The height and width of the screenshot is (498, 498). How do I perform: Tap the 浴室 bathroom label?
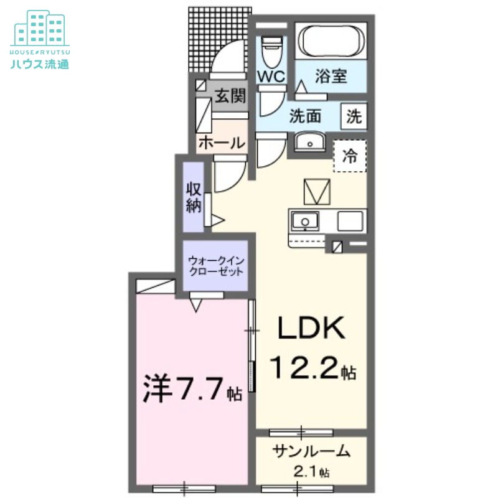point(331,77)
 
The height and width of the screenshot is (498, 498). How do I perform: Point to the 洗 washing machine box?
point(353,116)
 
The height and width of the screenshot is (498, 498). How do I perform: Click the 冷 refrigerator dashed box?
point(350,156)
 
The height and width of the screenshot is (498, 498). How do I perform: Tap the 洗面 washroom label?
point(304,116)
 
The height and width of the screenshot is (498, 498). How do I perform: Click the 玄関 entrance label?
point(229,96)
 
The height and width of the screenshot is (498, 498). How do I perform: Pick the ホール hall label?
point(221,143)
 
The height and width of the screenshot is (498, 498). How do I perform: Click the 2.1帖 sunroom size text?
point(311,472)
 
